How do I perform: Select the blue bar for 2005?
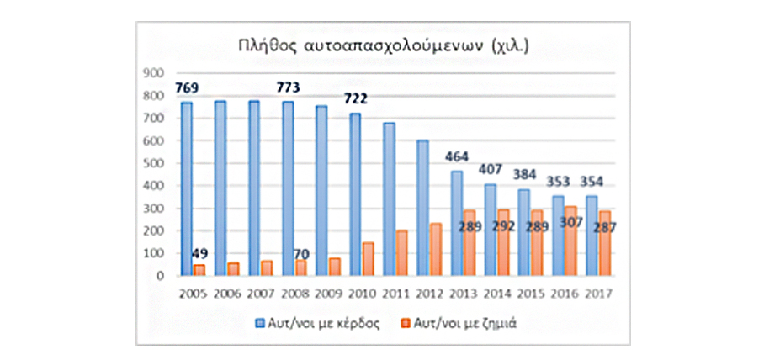tap(186, 188)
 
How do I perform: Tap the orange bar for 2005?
tap(199, 270)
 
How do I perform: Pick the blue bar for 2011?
tap(389, 199)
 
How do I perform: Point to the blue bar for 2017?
tap(591, 236)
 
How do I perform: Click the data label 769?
tap(189, 87)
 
